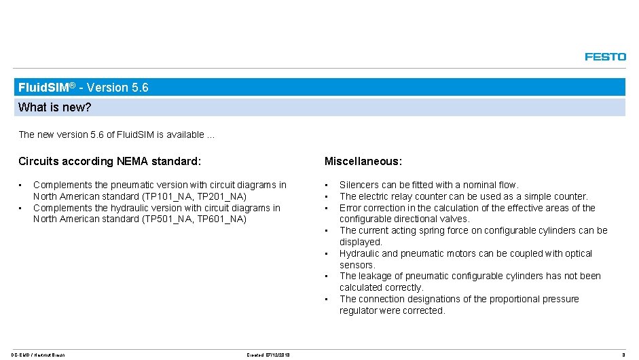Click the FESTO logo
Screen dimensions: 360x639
click(605, 57)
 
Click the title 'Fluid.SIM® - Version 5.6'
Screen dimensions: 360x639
click(84, 88)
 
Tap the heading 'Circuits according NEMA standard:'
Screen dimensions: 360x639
click(109, 162)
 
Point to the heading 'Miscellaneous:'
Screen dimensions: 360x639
click(363, 162)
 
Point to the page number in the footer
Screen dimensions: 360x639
click(623, 354)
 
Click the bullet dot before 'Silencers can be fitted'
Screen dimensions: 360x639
click(327, 185)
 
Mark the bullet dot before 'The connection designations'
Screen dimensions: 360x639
click(327, 299)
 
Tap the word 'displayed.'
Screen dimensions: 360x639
click(361, 242)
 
